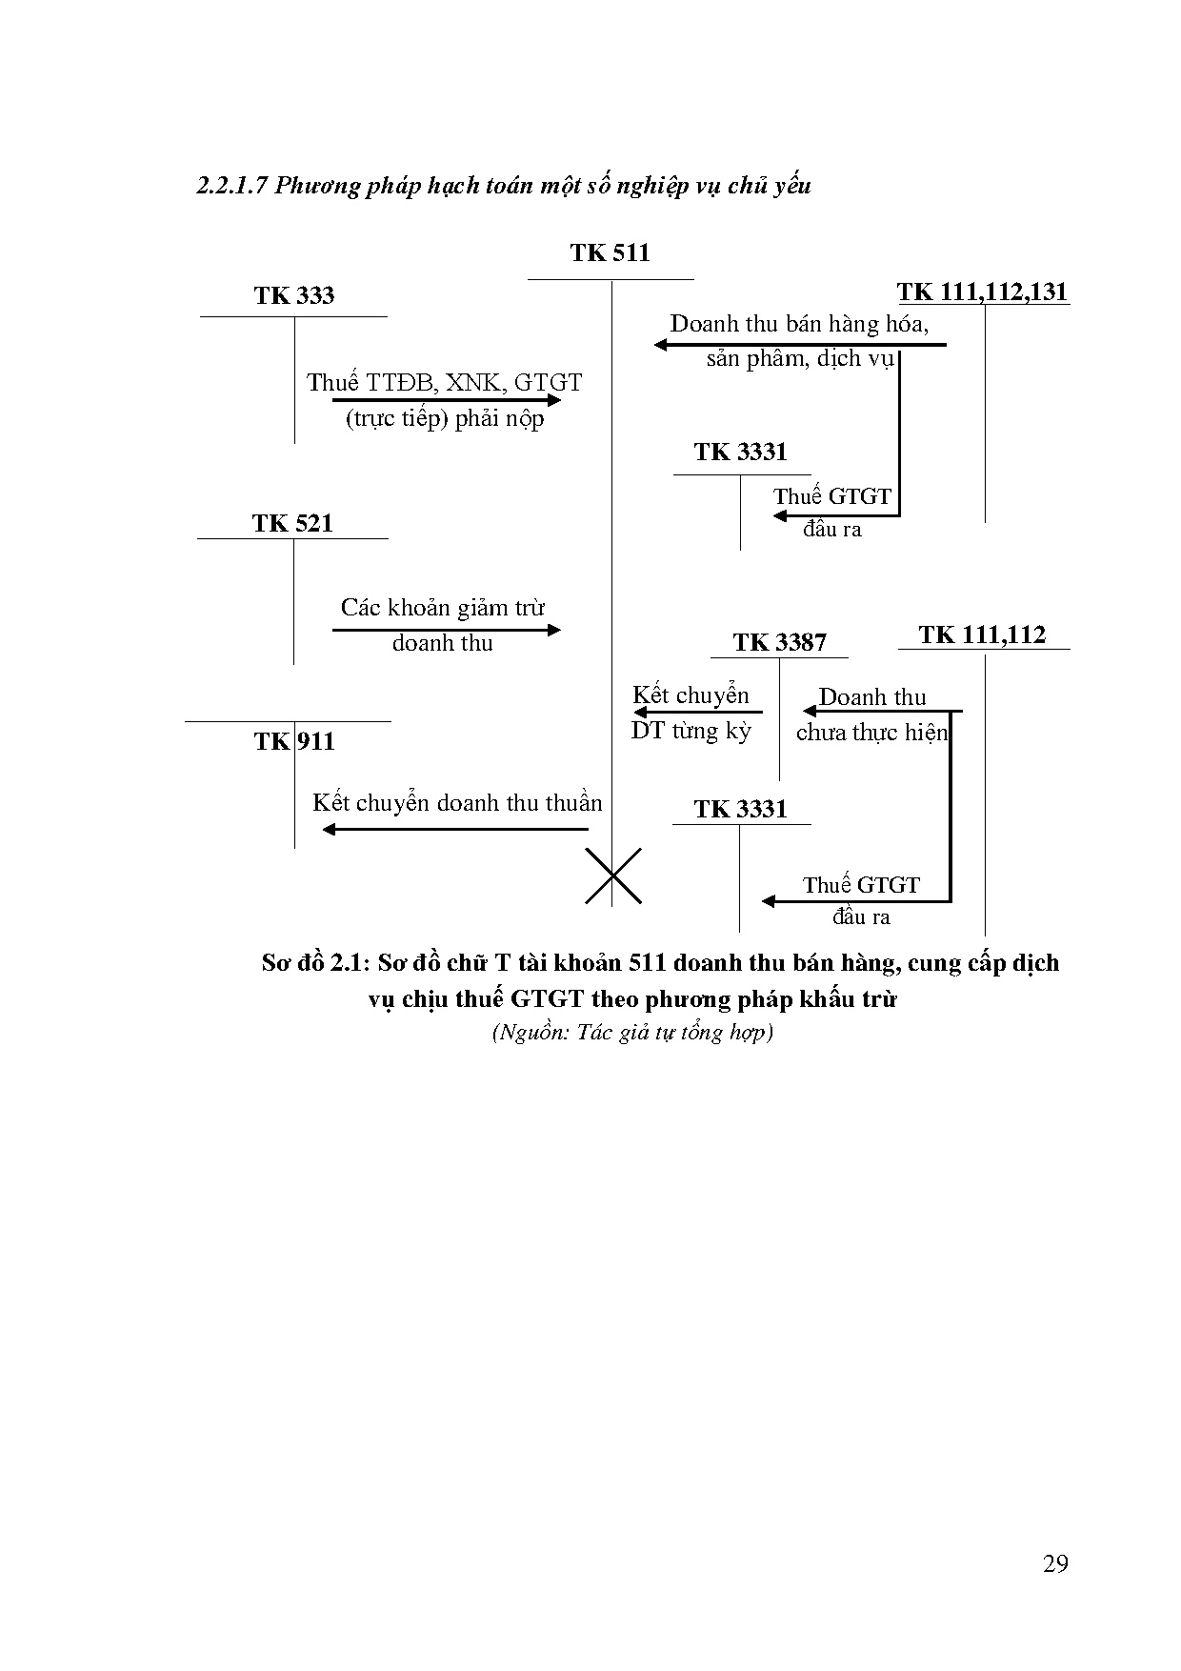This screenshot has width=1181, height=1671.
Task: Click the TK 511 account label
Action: tap(610, 252)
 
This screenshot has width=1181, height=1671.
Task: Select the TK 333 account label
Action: tap(294, 295)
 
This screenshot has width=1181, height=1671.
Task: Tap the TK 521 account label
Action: tap(292, 523)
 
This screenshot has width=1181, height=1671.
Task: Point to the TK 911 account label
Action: tap(294, 741)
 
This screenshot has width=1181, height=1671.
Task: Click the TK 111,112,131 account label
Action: tap(983, 292)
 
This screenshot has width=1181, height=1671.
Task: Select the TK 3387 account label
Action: tap(779, 642)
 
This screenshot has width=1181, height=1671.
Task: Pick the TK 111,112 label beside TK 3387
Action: tap(982, 634)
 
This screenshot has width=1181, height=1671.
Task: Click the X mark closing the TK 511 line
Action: tap(612, 876)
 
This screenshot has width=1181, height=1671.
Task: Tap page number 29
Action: tap(1055, 1563)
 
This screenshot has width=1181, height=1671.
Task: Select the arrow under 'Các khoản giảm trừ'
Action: tap(447, 629)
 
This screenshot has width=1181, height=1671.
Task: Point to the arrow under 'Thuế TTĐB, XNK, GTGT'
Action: tap(447, 401)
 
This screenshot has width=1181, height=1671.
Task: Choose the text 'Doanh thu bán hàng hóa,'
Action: tap(799, 324)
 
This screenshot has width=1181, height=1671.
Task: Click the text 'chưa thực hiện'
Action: tap(871, 733)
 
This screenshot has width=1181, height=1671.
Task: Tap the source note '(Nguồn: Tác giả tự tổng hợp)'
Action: tap(632, 1032)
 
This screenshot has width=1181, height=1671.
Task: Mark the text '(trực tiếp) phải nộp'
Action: tap(445, 419)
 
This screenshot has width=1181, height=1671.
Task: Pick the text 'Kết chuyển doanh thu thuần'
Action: tap(457, 803)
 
